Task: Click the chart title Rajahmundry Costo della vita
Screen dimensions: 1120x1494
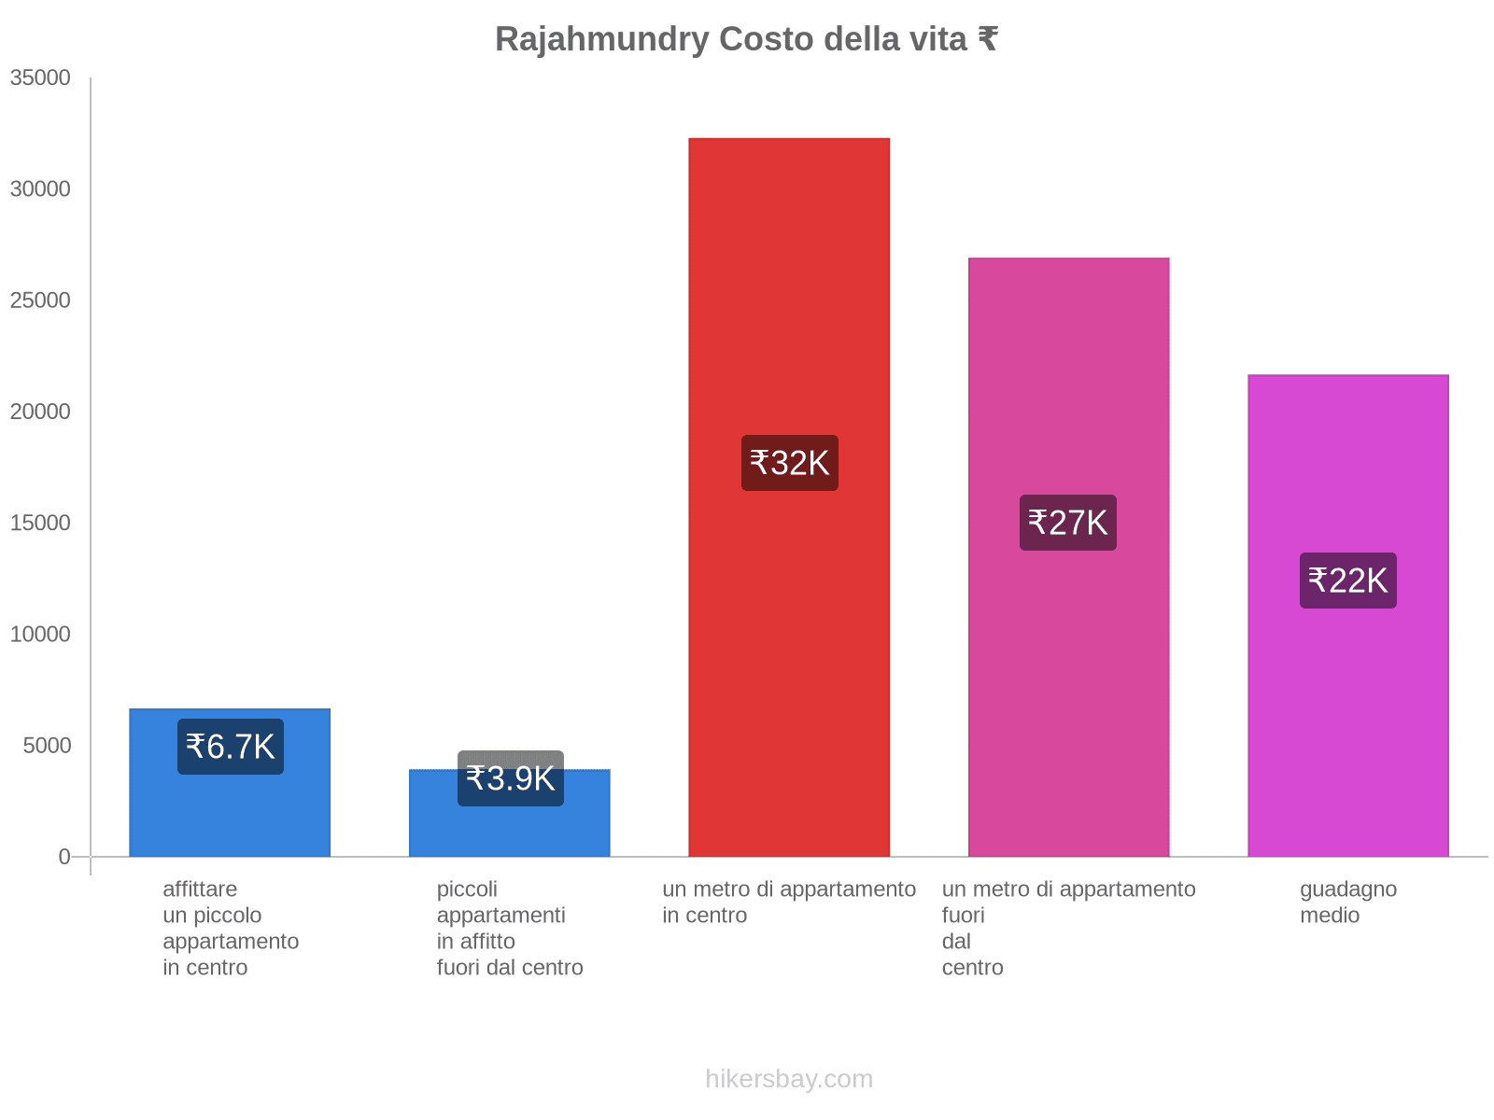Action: (746, 39)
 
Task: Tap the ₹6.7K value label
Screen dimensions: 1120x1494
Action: (231, 747)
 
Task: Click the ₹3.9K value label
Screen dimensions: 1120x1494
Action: (511, 778)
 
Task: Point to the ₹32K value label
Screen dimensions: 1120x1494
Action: (790, 463)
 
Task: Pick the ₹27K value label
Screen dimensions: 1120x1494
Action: (1068, 523)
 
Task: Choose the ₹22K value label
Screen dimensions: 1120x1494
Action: (1348, 581)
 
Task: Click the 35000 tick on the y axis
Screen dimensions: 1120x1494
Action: (41, 77)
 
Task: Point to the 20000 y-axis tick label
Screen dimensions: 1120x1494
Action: (41, 412)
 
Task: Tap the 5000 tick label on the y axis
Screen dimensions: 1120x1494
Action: (47, 746)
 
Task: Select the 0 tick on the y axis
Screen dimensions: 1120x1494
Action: (64, 857)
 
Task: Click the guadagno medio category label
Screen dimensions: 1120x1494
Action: (1348, 902)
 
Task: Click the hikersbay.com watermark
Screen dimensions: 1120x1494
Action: (789, 1079)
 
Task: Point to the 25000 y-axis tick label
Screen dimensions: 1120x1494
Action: (41, 301)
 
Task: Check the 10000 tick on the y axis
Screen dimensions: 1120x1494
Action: (41, 635)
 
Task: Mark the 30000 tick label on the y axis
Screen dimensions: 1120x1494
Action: (41, 189)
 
